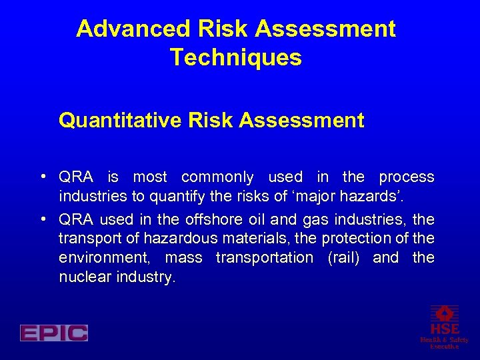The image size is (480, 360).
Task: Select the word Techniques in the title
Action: (236, 58)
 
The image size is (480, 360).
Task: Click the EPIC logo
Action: (54, 333)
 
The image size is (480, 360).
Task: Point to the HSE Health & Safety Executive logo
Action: (444, 327)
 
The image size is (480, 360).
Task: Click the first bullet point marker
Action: (42, 177)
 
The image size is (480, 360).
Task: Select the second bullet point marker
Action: (42, 219)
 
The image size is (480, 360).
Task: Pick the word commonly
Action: (217, 178)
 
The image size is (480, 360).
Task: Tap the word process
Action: (406, 177)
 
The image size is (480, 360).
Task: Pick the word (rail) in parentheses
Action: (343, 258)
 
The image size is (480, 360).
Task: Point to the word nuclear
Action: (83, 277)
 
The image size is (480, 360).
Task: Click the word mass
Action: (183, 258)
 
